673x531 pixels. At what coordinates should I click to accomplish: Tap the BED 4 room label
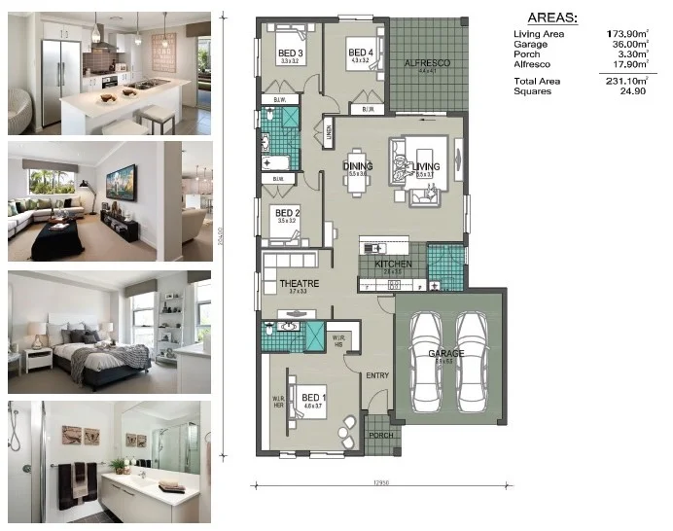361,53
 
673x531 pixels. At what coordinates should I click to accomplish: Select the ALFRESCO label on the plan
426,63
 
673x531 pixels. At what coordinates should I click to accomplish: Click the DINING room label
358,166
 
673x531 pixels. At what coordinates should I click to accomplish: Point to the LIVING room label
426,166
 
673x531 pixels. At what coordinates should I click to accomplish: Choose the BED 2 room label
286,212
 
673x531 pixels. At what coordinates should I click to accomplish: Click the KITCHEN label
393,264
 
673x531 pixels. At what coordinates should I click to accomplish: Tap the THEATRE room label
299,284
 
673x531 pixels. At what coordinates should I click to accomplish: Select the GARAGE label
446,353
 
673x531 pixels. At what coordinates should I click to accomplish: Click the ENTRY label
377,375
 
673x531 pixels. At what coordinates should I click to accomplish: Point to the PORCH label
381,435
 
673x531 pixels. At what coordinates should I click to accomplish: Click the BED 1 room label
312,398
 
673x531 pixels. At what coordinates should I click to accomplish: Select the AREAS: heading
550,17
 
